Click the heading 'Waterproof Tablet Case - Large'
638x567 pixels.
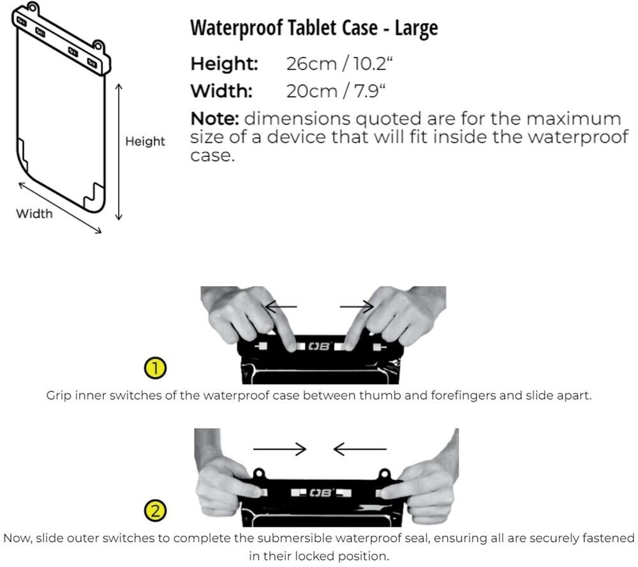pos(314,29)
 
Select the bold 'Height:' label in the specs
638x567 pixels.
pos(225,64)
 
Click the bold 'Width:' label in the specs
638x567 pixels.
pos(221,91)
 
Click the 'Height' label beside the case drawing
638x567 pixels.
pos(145,141)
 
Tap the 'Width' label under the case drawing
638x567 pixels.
pos(34,213)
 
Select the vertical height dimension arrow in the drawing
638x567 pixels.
pos(119,151)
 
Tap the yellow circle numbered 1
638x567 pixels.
pos(156,368)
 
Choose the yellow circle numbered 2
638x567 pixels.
pos(156,510)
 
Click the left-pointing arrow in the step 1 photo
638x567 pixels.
pos(281,307)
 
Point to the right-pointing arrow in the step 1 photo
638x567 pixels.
pos(357,307)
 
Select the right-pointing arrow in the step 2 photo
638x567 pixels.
pos(280,450)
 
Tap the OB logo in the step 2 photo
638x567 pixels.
pos(317,493)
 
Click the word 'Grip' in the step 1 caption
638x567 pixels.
pos(59,395)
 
